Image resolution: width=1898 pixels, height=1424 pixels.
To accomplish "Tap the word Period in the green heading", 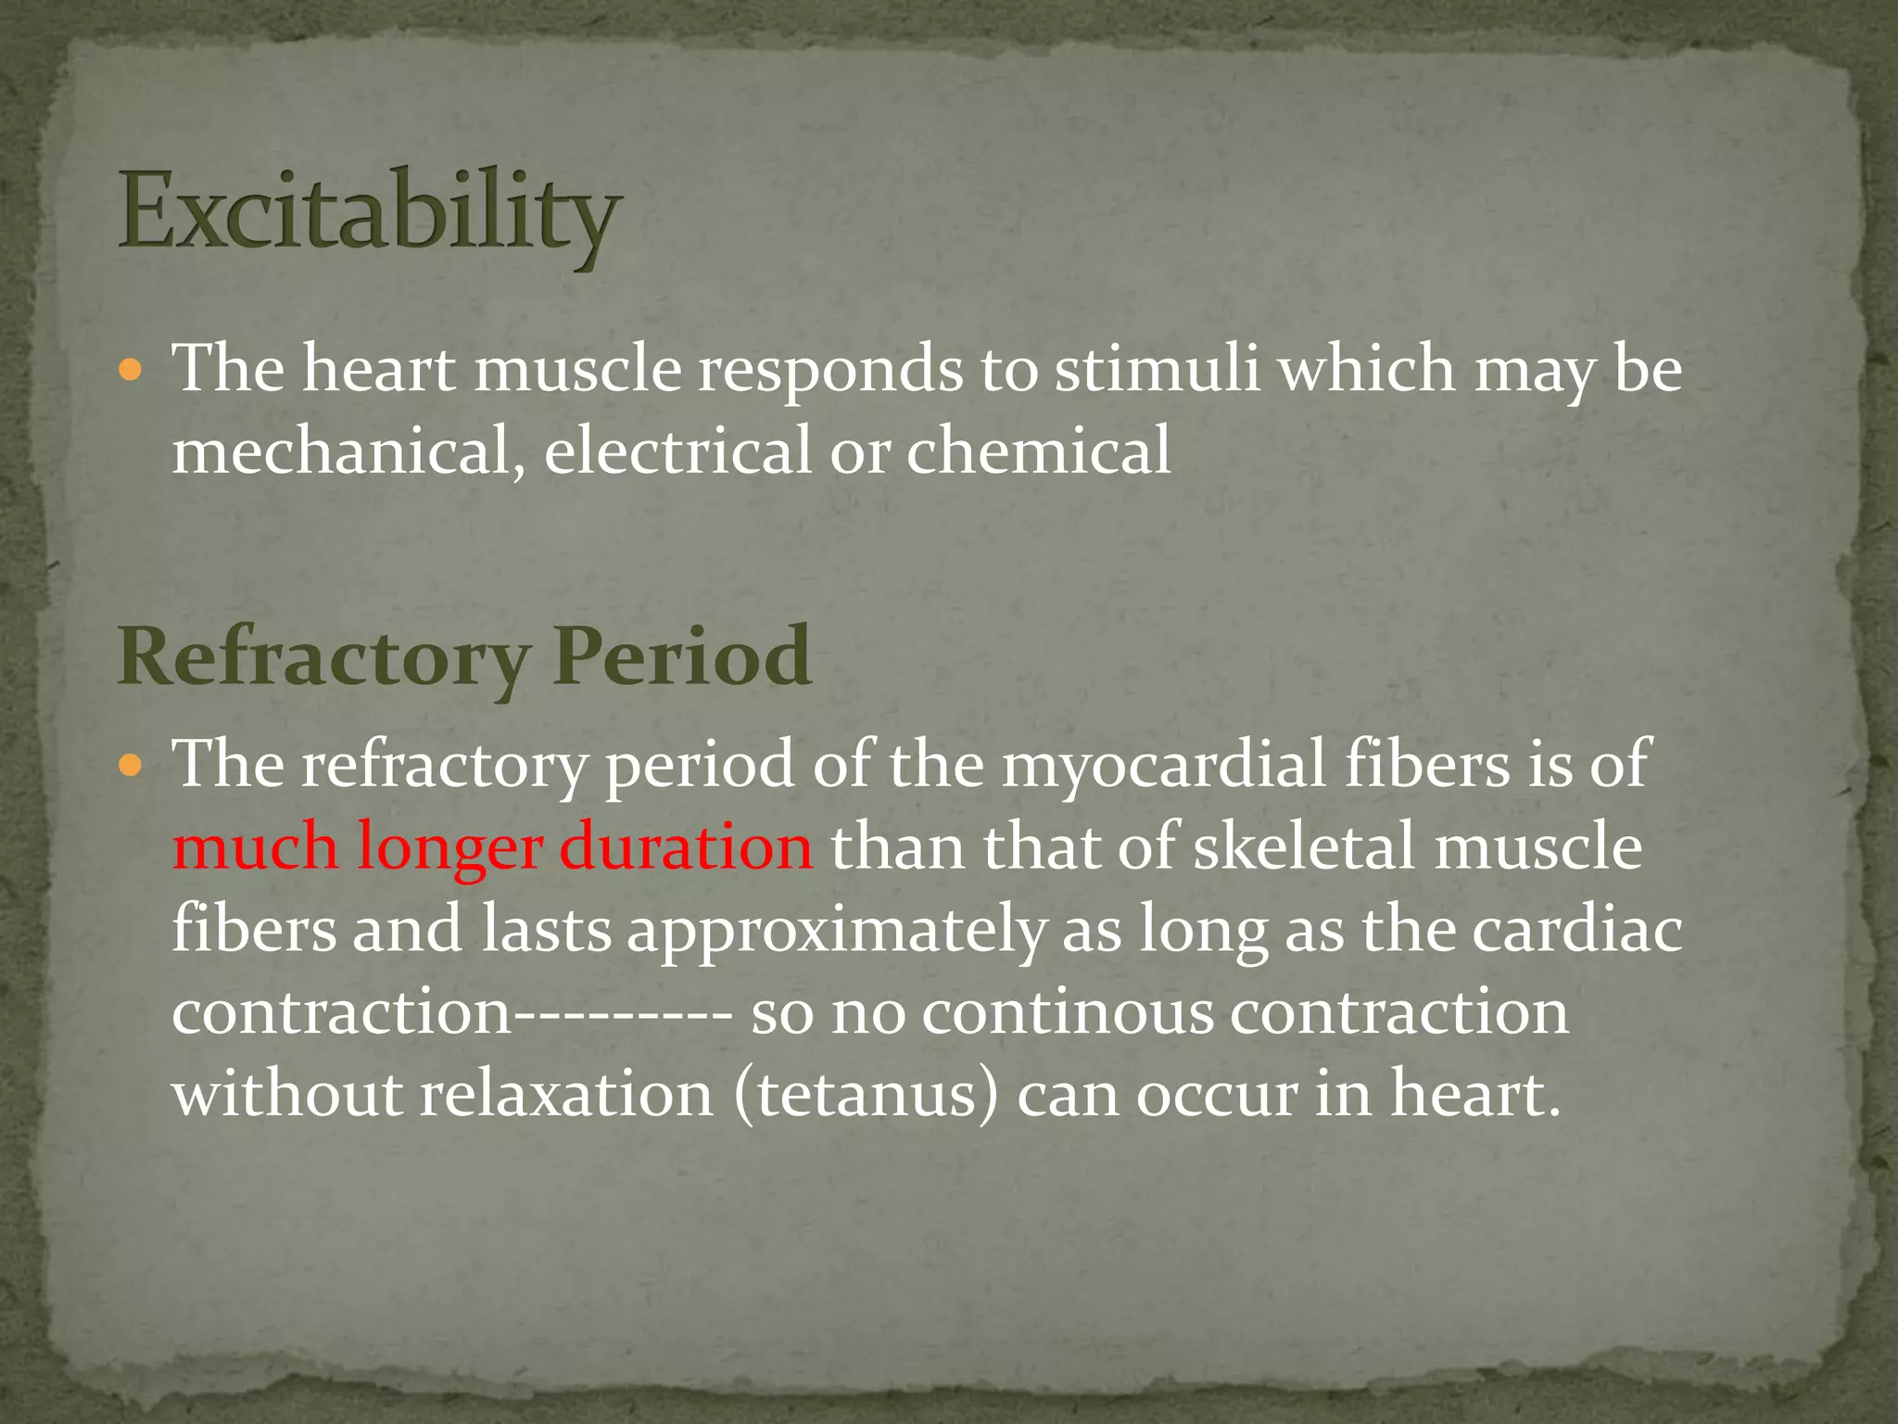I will click(x=683, y=656).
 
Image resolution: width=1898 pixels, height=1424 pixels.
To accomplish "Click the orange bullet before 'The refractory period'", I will click(x=132, y=767).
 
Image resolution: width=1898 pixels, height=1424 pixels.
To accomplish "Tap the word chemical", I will click(x=1038, y=451).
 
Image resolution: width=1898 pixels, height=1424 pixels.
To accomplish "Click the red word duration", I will click(x=686, y=846).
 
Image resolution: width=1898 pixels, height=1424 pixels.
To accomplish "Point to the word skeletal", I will click(x=1304, y=846).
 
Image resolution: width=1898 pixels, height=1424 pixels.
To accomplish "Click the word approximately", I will click(x=835, y=931).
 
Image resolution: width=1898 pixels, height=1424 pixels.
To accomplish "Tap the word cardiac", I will click(x=1576, y=929).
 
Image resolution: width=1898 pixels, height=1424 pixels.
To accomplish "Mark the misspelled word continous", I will click(x=1068, y=1012).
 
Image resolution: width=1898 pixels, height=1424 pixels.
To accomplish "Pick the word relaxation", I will click(x=567, y=1094).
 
